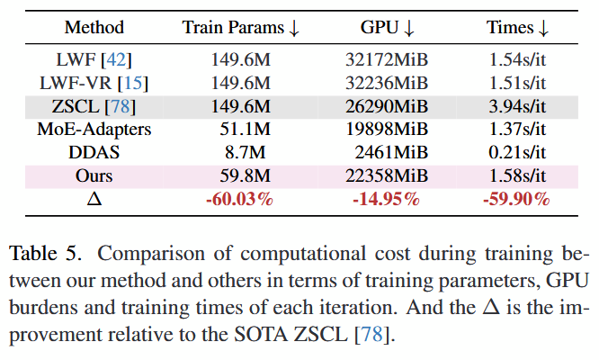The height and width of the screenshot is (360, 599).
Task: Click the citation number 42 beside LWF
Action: pyautogui.click(x=117, y=61)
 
